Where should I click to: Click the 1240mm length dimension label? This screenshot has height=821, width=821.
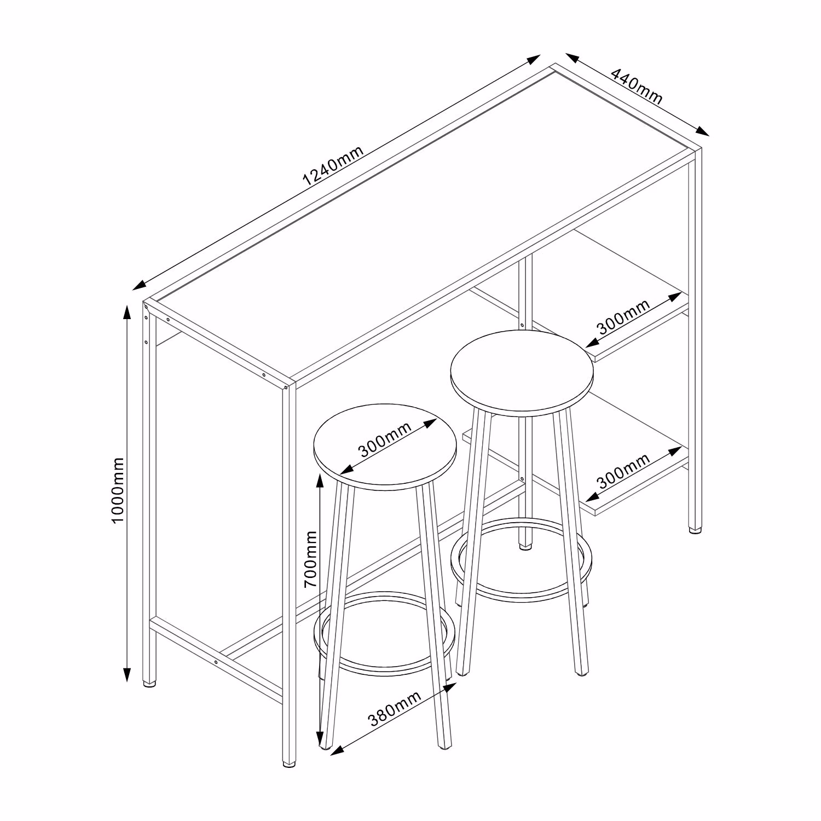click(333, 165)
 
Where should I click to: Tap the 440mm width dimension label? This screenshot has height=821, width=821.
click(636, 86)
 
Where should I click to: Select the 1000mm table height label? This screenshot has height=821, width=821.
click(118, 490)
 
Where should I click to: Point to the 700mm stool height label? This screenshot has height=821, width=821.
click(311, 559)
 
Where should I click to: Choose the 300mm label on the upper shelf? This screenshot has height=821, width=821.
click(623, 317)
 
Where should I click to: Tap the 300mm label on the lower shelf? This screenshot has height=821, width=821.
click(623, 471)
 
